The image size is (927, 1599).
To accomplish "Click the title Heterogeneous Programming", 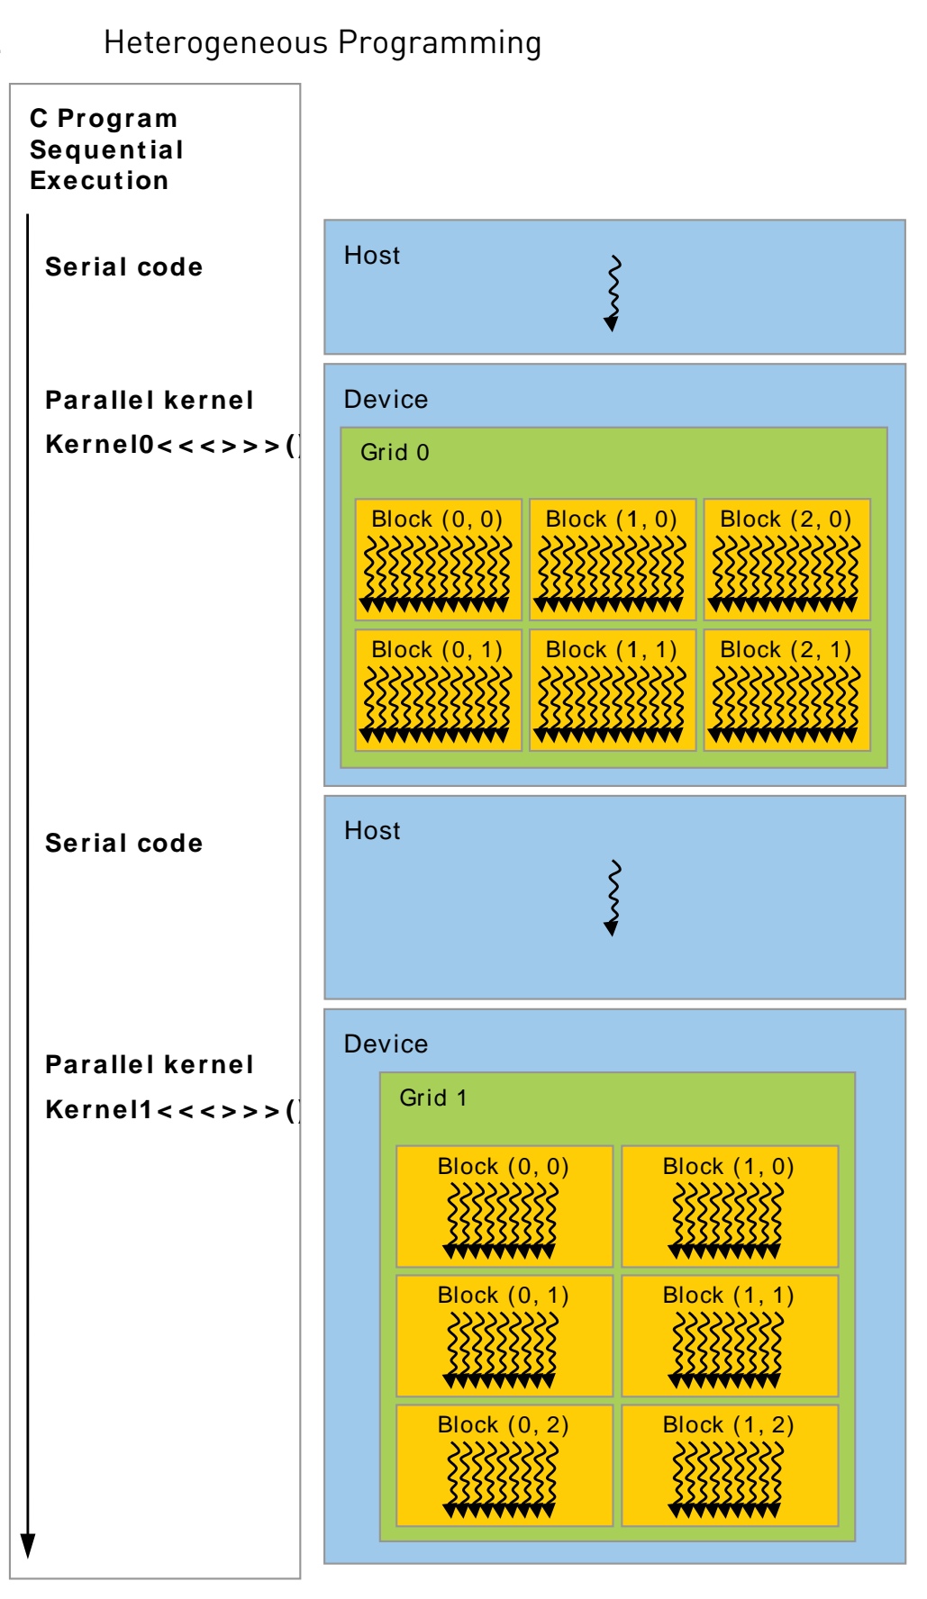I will pyautogui.click(x=323, y=42).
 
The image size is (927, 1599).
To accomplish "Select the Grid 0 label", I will pyautogui.click(x=395, y=452).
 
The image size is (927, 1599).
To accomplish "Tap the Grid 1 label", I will pyautogui.click(x=433, y=1098).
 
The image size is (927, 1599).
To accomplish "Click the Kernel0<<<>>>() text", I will pyautogui.click(x=171, y=445).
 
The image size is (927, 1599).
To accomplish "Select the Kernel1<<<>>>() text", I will pyautogui.click(x=171, y=1110).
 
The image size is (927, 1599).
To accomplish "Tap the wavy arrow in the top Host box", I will pyautogui.click(x=613, y=294).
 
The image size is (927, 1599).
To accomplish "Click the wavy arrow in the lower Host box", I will pyautogui.click(x=613, y=898).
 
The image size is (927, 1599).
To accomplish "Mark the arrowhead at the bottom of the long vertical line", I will pyautogui.click(x=28, y=1545).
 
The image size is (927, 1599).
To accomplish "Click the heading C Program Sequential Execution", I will pyautogui.click(x=106, y=149).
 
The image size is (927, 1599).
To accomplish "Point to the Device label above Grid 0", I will pyautogui.click(x=386, y=399).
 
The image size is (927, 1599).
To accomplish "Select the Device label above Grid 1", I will pyautogui.click(x=386, y=1043).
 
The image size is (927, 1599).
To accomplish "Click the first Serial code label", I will pyautogui.click(x=123, y=267).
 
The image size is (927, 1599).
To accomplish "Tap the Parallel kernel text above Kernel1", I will pyautogui.click(x=150, y=1064).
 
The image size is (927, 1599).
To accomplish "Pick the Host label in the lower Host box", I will pyautogui.click(x=372, y=830).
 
